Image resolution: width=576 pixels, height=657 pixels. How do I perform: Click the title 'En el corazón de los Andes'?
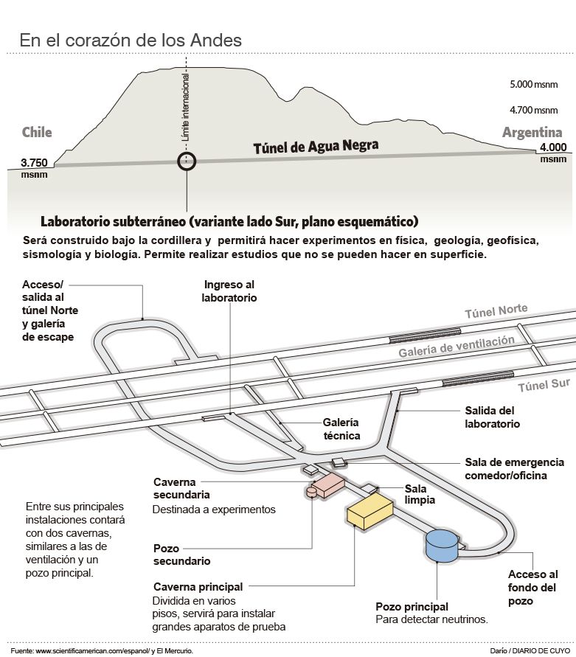pyautogui.click(x=131, y=40)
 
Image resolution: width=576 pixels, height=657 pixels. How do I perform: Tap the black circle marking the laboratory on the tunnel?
pyautogui.click(x=187, y=161)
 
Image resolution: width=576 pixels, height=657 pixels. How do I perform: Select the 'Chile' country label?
pyautogui.click(x=37, y=133)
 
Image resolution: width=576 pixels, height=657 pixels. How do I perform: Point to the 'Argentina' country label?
pyautogui.click(x=532, y=133)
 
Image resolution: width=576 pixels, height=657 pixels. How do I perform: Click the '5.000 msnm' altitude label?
pyautogui.click(x=533, y=85)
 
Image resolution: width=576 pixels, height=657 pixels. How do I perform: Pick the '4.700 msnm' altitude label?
pyautogui.click(x=533, y=110)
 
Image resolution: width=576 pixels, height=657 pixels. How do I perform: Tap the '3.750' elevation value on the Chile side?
pyautogui.click(x=35, y=163)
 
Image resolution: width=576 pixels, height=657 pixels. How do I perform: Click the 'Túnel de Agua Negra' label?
pyautogui.click(x=316, y=147)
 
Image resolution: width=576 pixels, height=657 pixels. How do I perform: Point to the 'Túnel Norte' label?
pyautogui.click(x=496, y=312)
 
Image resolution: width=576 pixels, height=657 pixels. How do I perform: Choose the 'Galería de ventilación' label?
pyautogui.click(x=456, y=347)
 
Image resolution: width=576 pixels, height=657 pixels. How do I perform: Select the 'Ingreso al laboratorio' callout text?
pyautogui.click(x=230, y=291)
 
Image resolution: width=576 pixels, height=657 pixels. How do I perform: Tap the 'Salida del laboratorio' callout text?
pyautogui.click(x=492, y=417)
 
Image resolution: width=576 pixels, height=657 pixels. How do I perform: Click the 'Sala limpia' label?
pyautogui.click(x=420, y=493)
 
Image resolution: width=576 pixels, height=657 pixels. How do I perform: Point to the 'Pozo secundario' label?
pyautogui.click(x=181, y=555)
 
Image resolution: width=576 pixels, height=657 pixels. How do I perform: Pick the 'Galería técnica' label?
pyautogui.click(x=341, y=429)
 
